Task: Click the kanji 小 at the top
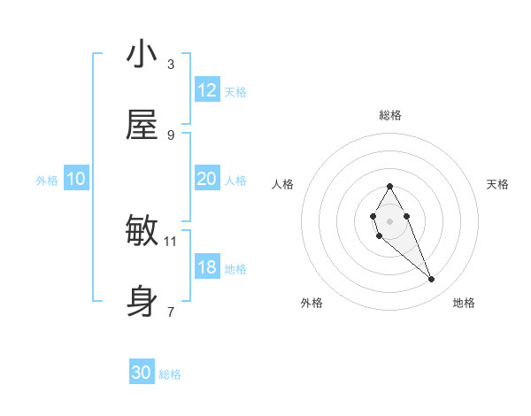142,54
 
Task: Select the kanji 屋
142,126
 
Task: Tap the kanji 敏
142,231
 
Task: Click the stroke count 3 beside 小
171,64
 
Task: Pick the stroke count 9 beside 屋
171,135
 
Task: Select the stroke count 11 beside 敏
171,240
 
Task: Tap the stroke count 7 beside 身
171,312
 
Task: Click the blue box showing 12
207,90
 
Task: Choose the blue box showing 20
207,179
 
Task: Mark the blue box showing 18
207,267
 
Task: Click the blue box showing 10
76,179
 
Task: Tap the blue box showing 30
142,373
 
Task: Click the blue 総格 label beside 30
170,374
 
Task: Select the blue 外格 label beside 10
47,181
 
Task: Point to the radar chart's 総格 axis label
390,115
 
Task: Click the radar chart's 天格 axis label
497,184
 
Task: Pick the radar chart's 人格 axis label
283,184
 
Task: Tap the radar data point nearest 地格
432,280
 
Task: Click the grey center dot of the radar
389,220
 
